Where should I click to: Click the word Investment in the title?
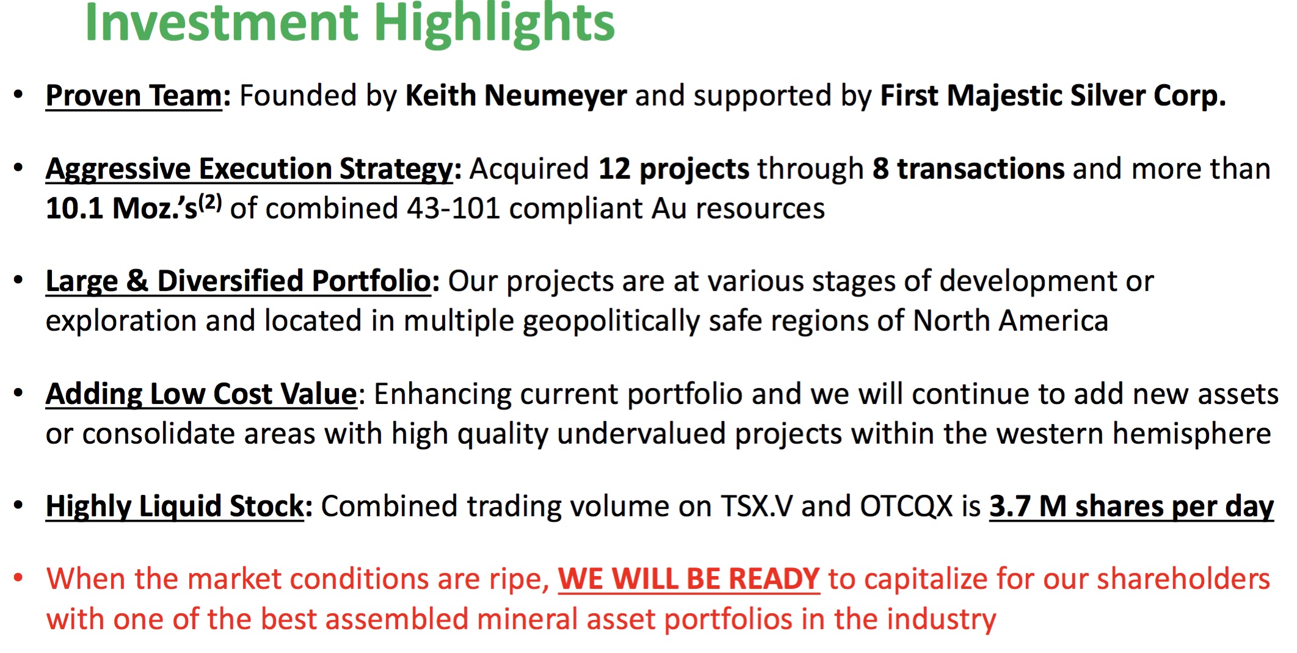pyautogui.click(x=222, y=23)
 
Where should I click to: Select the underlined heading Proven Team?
pyautogui.click(x=134, y=96)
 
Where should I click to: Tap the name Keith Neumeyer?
pyautogui.click(x=516, y=96)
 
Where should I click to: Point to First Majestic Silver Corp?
pyautogui.click(x=1053, y=96)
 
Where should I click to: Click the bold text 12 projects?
pyautogui.click(x=674, y=169)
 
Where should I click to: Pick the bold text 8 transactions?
pyautogui.click(x=968, y=169)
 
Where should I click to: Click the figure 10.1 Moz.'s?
pyautogui.click(x=122, y=208)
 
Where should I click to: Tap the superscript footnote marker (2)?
pyautogui.click(x=210, y=202)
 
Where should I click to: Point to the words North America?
pyautogui.click(x=1010, y=321)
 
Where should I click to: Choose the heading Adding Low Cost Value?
pyautogui.click(x=202, y=394)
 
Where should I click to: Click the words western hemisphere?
pyautogui.click(x=1130, y=434)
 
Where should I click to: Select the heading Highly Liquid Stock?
pyautogui.click(x=175, y=507)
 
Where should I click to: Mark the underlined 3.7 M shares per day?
pyautogui.click(x=1132, y=507)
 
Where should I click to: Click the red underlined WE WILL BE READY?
pyautogui.click(x=689, y=579)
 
